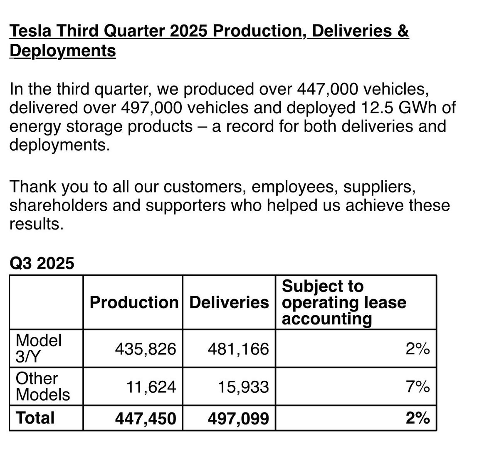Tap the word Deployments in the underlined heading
point(62,51)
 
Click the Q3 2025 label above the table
point(42,263)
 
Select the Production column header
point(134,302)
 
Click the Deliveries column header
point(229,302)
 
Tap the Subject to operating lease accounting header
point(344,302)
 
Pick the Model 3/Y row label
point(38,349)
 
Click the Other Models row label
point(42,387)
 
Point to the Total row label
point(35,418)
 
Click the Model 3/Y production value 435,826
point(146,349)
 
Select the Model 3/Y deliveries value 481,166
point(238,349)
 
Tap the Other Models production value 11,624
point(151,387)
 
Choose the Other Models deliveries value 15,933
point(243,387)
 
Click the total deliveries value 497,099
point(238,418)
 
